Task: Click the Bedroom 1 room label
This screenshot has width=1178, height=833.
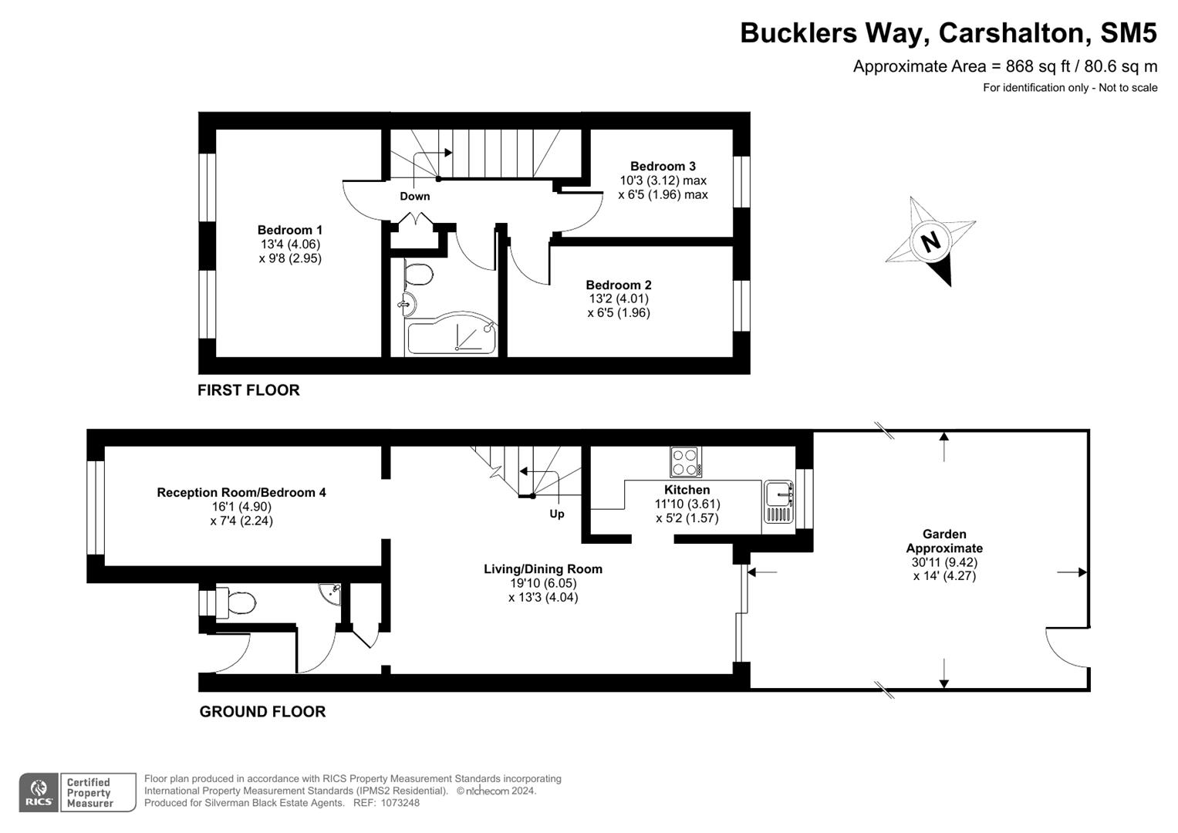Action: (x=290, y=230)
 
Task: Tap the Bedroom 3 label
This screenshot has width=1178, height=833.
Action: (x=663, y=166)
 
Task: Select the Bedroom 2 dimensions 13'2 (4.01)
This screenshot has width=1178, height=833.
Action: (x=618, y=298)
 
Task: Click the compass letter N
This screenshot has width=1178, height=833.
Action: (x=931, y=242)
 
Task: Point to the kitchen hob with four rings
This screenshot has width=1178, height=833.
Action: (x=685, y=462)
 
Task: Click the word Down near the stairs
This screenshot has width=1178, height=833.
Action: (x=414, y=196)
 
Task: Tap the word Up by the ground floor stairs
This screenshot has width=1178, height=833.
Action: (x=556, y=514)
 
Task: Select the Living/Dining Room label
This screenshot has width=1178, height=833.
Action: (x=543, y=569)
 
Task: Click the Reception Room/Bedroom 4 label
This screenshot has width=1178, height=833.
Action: (x=241, y=492)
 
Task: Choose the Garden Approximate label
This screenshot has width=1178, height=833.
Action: (x=944, y=541)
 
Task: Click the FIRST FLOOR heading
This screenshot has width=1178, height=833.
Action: (x=248, y=390)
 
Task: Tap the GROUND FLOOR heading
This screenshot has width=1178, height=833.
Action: (x=262, y=711)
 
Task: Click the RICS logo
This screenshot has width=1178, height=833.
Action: (x=39, y=793)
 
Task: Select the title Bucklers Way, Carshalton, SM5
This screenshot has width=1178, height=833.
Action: (x=948, y=33)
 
